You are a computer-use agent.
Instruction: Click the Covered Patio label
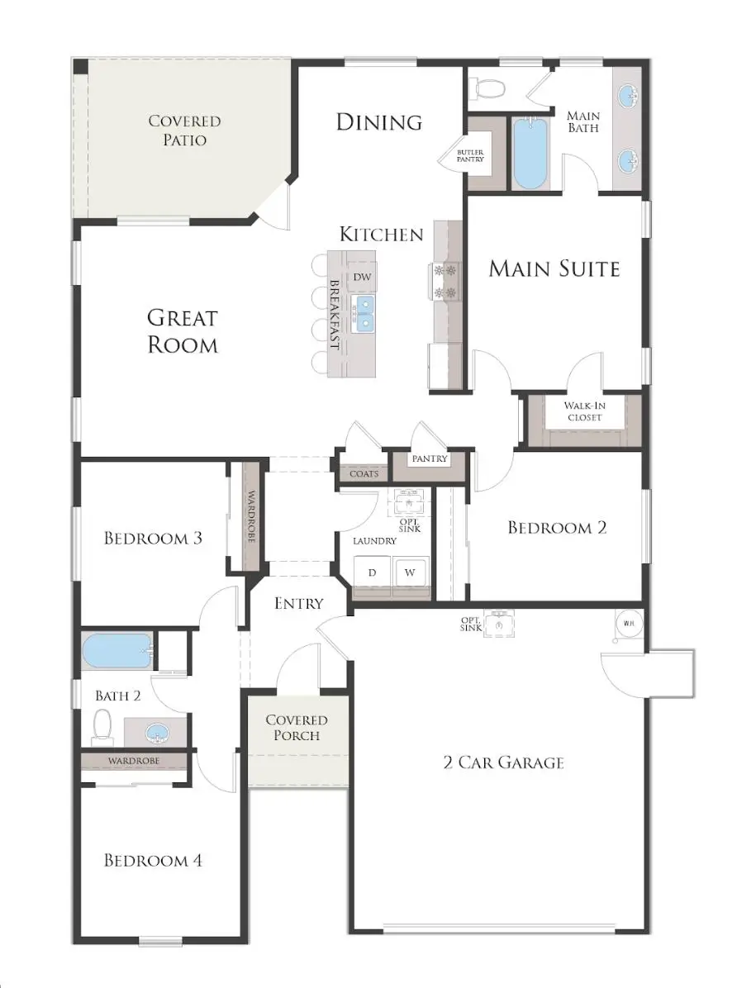(x=184, y=131)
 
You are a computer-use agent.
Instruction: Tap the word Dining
(x=379, y=122)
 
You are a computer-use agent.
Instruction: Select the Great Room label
(x=183, y=330)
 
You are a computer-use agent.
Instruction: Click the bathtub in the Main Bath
(x=529, y=154)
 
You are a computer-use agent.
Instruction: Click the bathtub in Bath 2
(x=117, y=651)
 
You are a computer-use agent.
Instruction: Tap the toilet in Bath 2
(x=102, y=726)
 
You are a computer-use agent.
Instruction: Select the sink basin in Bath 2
(x=155, y=732)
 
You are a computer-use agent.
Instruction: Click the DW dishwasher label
(x=362, y=278)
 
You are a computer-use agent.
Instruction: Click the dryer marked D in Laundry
(x=372, y=572)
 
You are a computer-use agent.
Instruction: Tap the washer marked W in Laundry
(x=411, y=572)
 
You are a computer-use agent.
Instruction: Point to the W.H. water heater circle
(x=628, y=623)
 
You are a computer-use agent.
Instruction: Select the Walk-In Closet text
(x=583, y=411)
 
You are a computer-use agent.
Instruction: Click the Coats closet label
(x=364, y=474)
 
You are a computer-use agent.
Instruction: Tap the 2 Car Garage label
(x=503, y=762)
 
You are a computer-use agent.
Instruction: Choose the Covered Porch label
(x=297, y=728)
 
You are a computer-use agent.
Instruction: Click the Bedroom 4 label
(x=153, y=861)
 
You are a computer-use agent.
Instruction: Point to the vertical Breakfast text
(x=335, y=315)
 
